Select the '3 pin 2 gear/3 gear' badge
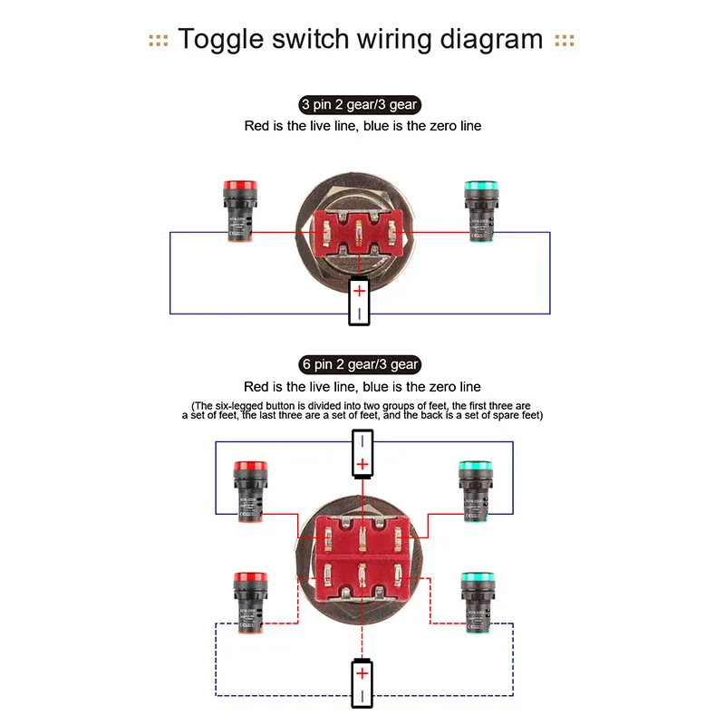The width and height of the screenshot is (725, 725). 359,105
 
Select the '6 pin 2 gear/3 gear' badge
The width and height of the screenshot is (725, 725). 361,364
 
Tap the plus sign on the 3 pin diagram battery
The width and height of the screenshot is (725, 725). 360,292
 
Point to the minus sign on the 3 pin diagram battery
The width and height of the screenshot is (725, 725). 360,313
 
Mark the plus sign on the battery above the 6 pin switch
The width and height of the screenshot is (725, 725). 362,465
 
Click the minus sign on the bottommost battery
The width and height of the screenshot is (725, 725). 362,696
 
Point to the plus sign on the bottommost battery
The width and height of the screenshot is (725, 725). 362,673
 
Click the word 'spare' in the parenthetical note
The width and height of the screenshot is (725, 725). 494,415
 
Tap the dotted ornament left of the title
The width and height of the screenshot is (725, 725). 159,41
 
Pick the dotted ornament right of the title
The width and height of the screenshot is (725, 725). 565,41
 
